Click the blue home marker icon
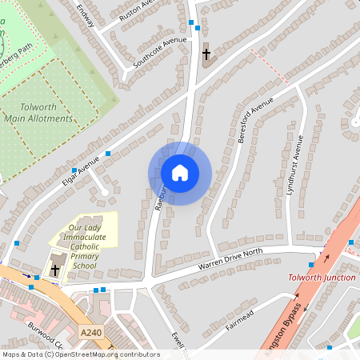point(180,173)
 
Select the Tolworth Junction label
point(322,277)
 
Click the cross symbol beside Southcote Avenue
point(206,54)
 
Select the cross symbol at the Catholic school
point(55,270)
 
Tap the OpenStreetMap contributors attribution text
point(80,354)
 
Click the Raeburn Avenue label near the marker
point(159,196)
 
